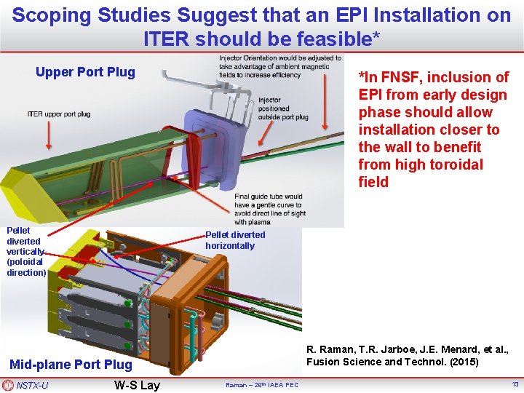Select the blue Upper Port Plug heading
pyautogui.click(x=85, y=72)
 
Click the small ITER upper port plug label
pyautogui.click(x=59, y=114)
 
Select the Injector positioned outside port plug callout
pyautogui.click(x=283, y=108)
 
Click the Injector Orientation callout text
pyautogui.click(x=279, y=66)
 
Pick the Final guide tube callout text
pyautogui.click(x=269, y=209)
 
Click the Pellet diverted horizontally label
pyautogui.click(x=235, y=240)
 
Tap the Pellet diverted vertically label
pyautogui.click(x=25, y=251)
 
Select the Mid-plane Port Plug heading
pyautogui.click(x=71, y=365)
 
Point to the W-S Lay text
pyautogui.click(x=137, y=385)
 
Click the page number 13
pyautogui.click(x=515, y=384)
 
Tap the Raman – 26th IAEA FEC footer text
pyautogui.click(x=261, y=385)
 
